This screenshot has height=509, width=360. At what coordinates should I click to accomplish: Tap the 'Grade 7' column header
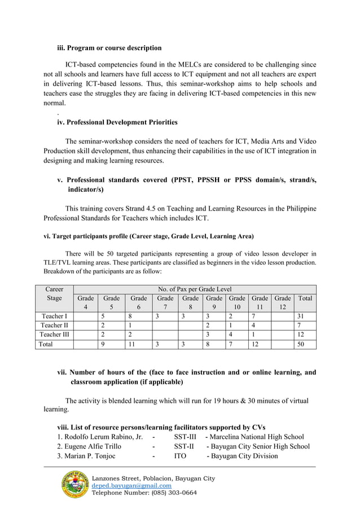pyautogui.click(x=165, y=302)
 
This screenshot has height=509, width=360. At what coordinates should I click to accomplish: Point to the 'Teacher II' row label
pyautogui.click(x=54, y=325)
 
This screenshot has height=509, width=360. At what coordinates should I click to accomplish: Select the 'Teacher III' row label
pyautogui.click(x=54, y=335)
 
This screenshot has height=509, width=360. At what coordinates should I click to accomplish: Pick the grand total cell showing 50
pyautogui.click(x=305, y=344)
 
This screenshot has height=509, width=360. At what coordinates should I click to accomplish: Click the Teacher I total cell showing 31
pyautogui.click(x=305, y=316)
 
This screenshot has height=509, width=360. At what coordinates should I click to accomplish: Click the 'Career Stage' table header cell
pyautogui.click(x=54, y=293)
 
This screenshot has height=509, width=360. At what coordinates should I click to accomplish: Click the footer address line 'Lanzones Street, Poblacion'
pyautogui.click(x=135, y=479)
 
